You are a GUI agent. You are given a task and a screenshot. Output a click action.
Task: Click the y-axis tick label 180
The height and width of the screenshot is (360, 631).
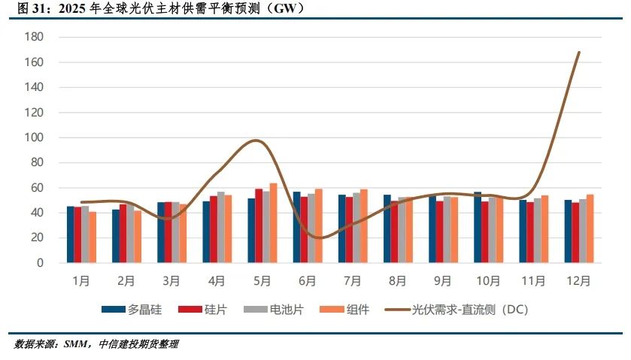pos(35,37)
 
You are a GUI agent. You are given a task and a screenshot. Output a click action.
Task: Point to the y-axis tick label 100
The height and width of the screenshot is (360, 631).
pos(35,138)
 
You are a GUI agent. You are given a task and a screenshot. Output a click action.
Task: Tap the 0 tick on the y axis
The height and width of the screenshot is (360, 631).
pos(41,263)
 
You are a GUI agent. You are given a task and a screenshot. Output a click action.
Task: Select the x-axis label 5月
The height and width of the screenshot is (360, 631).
pos(262,281)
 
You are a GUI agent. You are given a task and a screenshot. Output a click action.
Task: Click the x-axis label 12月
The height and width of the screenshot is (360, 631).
pos(578,281)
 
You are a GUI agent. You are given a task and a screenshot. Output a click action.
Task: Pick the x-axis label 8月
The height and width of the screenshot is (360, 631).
pos(397,281)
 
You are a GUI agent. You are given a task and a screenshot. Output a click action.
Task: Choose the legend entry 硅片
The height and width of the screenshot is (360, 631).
pos(214,309)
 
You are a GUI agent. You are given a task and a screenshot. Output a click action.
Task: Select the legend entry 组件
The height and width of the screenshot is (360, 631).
pos(357,309)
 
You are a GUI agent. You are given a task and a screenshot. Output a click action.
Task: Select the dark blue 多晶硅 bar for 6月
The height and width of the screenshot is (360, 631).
pos(297,227)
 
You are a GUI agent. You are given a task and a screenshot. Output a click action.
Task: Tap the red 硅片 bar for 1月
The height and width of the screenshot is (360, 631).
pos(78,234)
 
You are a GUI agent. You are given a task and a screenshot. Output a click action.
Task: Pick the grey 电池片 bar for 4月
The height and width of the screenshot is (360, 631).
pos(221,227)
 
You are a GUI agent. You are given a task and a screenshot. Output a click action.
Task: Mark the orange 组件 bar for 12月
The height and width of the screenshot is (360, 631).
pos(590,228)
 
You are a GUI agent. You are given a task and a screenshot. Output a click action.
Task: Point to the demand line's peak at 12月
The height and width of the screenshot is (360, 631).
pos(578,53)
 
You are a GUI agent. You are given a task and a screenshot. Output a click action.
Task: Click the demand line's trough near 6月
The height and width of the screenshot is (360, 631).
pos(318,237)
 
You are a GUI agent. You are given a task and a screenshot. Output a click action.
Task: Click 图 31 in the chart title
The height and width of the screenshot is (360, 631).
pos(31,8)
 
